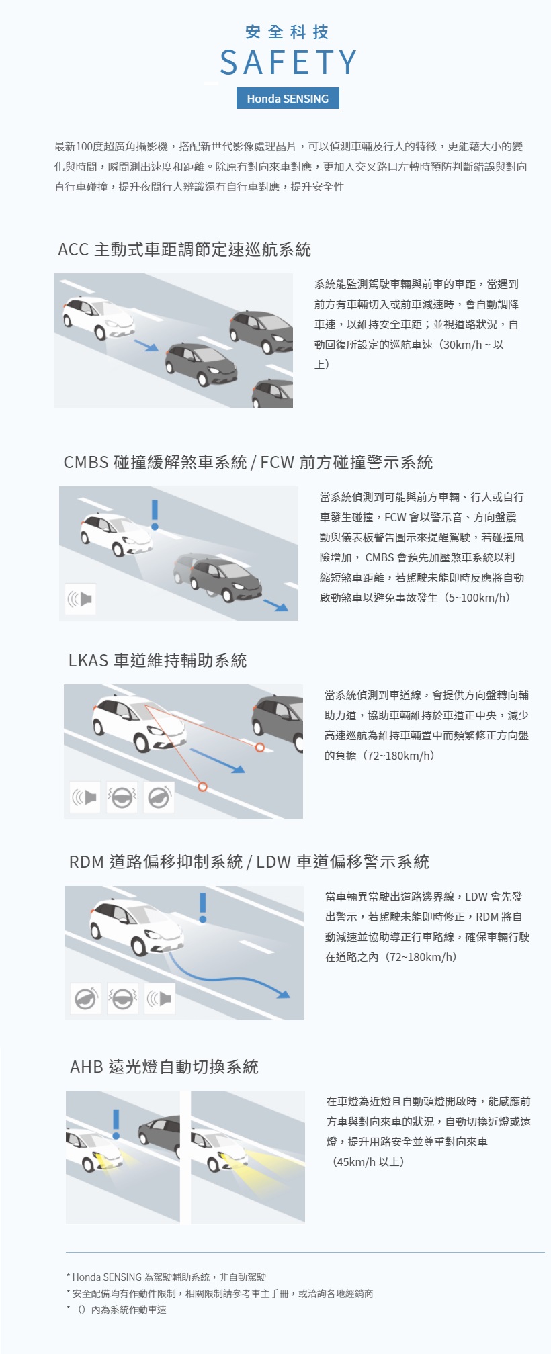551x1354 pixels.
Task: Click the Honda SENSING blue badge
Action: point(288,98)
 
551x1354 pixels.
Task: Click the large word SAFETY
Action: point(288,62)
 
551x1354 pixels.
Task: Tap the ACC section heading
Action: point(185,250)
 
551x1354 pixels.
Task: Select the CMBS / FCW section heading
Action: point(248,463)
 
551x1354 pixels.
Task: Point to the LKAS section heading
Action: point(158,661)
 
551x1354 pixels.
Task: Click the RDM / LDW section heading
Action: point(249,862)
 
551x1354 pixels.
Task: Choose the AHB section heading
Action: point(165,1067)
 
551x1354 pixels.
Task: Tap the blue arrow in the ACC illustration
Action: point(146,345)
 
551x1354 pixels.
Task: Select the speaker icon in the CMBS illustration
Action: point(81,598)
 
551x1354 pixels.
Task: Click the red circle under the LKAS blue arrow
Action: point(203,786)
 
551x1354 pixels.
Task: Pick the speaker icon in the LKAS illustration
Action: point(85,797)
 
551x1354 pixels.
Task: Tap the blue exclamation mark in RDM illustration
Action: point(203,907)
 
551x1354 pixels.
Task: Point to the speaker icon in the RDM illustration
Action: point(160,999)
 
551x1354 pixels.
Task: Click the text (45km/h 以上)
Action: point(368,1162)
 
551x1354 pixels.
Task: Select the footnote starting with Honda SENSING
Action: point(166,1277)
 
